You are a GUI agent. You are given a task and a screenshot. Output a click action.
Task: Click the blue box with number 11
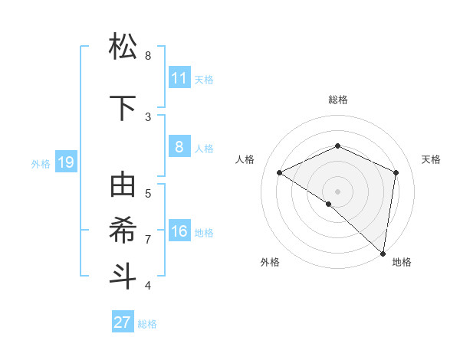point(179,77)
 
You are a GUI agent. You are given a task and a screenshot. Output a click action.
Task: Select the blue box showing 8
point(179,146)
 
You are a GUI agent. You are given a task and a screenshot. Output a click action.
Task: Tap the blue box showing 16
point(179,231)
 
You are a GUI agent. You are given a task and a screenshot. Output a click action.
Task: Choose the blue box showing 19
point(65,162)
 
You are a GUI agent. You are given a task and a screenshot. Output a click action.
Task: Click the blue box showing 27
point(123,322)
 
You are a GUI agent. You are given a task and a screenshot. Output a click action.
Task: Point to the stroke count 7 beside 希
point(148,240)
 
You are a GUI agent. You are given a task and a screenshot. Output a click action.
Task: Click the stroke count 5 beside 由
point(148,193)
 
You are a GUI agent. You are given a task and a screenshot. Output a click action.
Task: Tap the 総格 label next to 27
point(147,324)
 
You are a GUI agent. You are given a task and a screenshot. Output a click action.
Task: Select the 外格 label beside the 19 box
point(41,163)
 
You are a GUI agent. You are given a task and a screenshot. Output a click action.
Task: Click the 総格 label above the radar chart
point(337,100)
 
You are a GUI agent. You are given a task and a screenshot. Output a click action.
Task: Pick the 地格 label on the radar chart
point(402,262)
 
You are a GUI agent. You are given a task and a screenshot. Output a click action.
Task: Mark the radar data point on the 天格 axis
point(396,172)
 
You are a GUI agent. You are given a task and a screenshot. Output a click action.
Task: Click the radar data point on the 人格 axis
point(280,172)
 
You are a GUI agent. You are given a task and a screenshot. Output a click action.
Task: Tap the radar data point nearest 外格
point(329,204)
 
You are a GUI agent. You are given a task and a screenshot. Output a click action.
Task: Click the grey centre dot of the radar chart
point(337,191)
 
